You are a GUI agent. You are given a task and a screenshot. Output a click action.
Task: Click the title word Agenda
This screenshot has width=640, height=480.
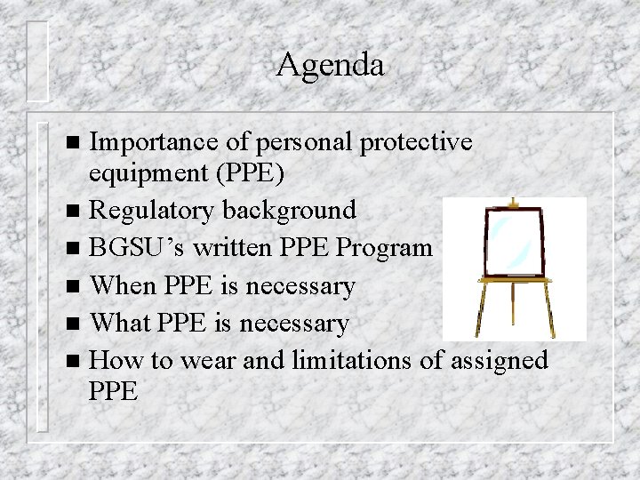coord(330,65)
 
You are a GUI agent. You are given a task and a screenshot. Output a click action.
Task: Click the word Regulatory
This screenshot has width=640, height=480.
coord(153,211)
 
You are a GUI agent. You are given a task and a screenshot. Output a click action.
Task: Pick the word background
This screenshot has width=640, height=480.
coord(289,211)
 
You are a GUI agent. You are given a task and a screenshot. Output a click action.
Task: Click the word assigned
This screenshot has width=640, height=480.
coord(500,360)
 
